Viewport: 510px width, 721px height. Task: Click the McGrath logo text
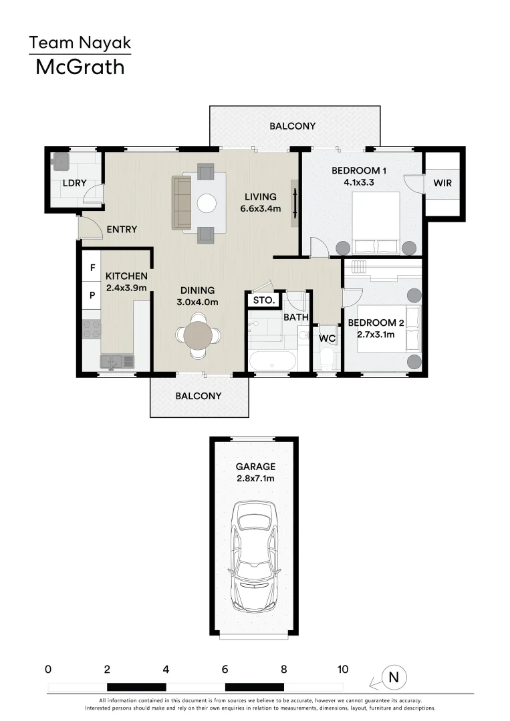(80, 67)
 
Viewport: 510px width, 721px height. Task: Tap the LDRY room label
(72, 182)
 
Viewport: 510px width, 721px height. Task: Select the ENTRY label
(122, 230)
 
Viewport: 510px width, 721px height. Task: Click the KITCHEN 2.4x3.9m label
(126, 282)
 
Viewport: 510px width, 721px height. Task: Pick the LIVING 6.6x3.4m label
(261, 202)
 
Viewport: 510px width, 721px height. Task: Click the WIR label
(442, 182)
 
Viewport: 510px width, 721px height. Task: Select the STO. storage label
(264, 300)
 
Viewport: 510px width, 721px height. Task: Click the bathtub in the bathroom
(272, 362)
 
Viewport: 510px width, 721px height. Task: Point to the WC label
(327, 338)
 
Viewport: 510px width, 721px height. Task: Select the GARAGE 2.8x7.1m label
(255, 473)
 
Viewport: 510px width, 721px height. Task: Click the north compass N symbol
(393, 678)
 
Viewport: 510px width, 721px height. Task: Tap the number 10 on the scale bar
(343, 669)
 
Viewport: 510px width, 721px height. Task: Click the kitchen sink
(117, 361)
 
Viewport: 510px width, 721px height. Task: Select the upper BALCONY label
(293, 126)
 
